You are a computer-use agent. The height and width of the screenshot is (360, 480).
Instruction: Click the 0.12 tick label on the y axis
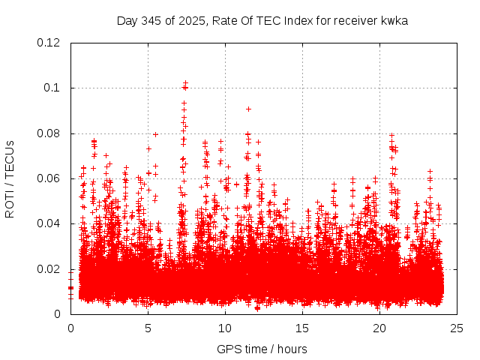coord(49,43)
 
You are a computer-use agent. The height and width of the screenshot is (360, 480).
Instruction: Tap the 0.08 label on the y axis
coord(49,133)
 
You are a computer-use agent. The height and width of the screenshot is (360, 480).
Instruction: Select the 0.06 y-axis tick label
coord(49,178)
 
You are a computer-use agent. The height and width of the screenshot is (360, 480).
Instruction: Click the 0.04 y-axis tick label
coord(49,223)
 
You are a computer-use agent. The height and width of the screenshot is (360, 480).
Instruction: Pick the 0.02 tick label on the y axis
coord(49,269)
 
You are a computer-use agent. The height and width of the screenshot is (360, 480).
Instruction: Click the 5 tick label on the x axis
coord(148,328)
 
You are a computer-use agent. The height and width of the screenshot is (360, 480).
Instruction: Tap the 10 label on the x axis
coord(225,328)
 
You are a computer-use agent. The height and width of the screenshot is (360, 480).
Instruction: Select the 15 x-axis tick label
coord(302,328)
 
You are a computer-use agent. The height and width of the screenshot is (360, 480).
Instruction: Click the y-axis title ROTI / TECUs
coord(10,178)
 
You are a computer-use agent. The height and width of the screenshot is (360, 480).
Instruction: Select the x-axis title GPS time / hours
coord(262,349)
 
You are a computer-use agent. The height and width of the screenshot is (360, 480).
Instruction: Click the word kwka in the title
coord(394,20)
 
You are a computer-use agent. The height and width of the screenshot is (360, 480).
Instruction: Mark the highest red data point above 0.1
coord(185,82)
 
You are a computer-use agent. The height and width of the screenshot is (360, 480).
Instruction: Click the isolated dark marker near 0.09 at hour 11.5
coord(248,109)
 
